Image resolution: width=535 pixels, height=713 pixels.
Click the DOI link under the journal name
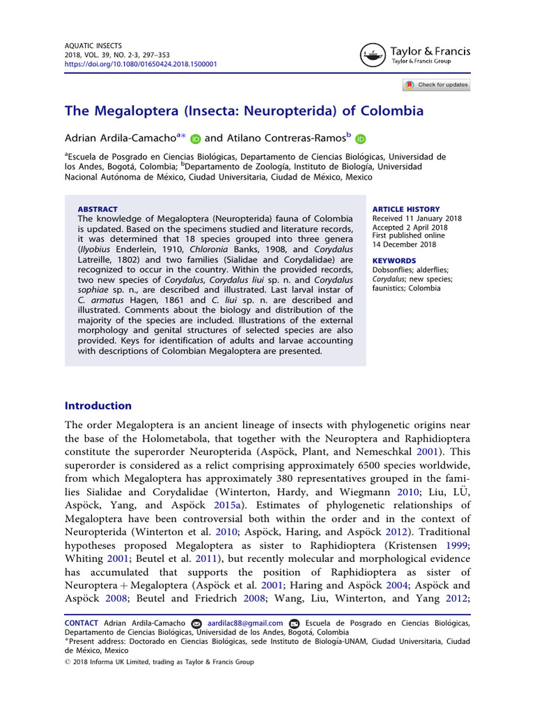tap(141, 63)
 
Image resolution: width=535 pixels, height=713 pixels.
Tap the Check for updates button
tap(436, 85)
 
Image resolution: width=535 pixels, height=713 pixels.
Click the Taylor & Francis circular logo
tap(373, 55)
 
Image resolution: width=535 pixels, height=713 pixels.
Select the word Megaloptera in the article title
tap(131, 111)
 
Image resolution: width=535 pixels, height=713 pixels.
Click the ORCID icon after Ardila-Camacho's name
tap(196, 139)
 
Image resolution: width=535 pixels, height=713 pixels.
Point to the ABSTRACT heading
tap(98, 209)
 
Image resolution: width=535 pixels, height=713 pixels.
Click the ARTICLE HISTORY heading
tap(406, 209)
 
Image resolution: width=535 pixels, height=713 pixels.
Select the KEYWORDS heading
tap(394, 262)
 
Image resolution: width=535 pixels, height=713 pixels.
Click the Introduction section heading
tap(98, 405)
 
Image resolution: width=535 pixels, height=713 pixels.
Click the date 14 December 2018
tap(405, 244)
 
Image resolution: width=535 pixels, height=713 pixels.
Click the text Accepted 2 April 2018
tap(410, 227)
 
